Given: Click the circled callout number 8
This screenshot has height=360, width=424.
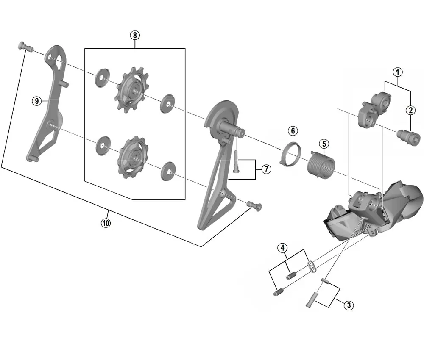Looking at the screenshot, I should (x=135, y=35).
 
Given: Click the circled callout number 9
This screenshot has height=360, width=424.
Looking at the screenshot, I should (x=37, y=100).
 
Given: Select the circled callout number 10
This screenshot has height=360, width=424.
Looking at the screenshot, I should (x=106, y=222).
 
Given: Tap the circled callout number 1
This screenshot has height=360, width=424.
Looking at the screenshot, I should (x=397, y=72).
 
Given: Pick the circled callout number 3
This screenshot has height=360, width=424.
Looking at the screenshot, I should (x=348, y=305).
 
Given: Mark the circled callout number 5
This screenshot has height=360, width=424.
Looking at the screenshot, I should (x=324, y=144).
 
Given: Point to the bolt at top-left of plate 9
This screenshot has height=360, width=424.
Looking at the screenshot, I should (x=25, y=47).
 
